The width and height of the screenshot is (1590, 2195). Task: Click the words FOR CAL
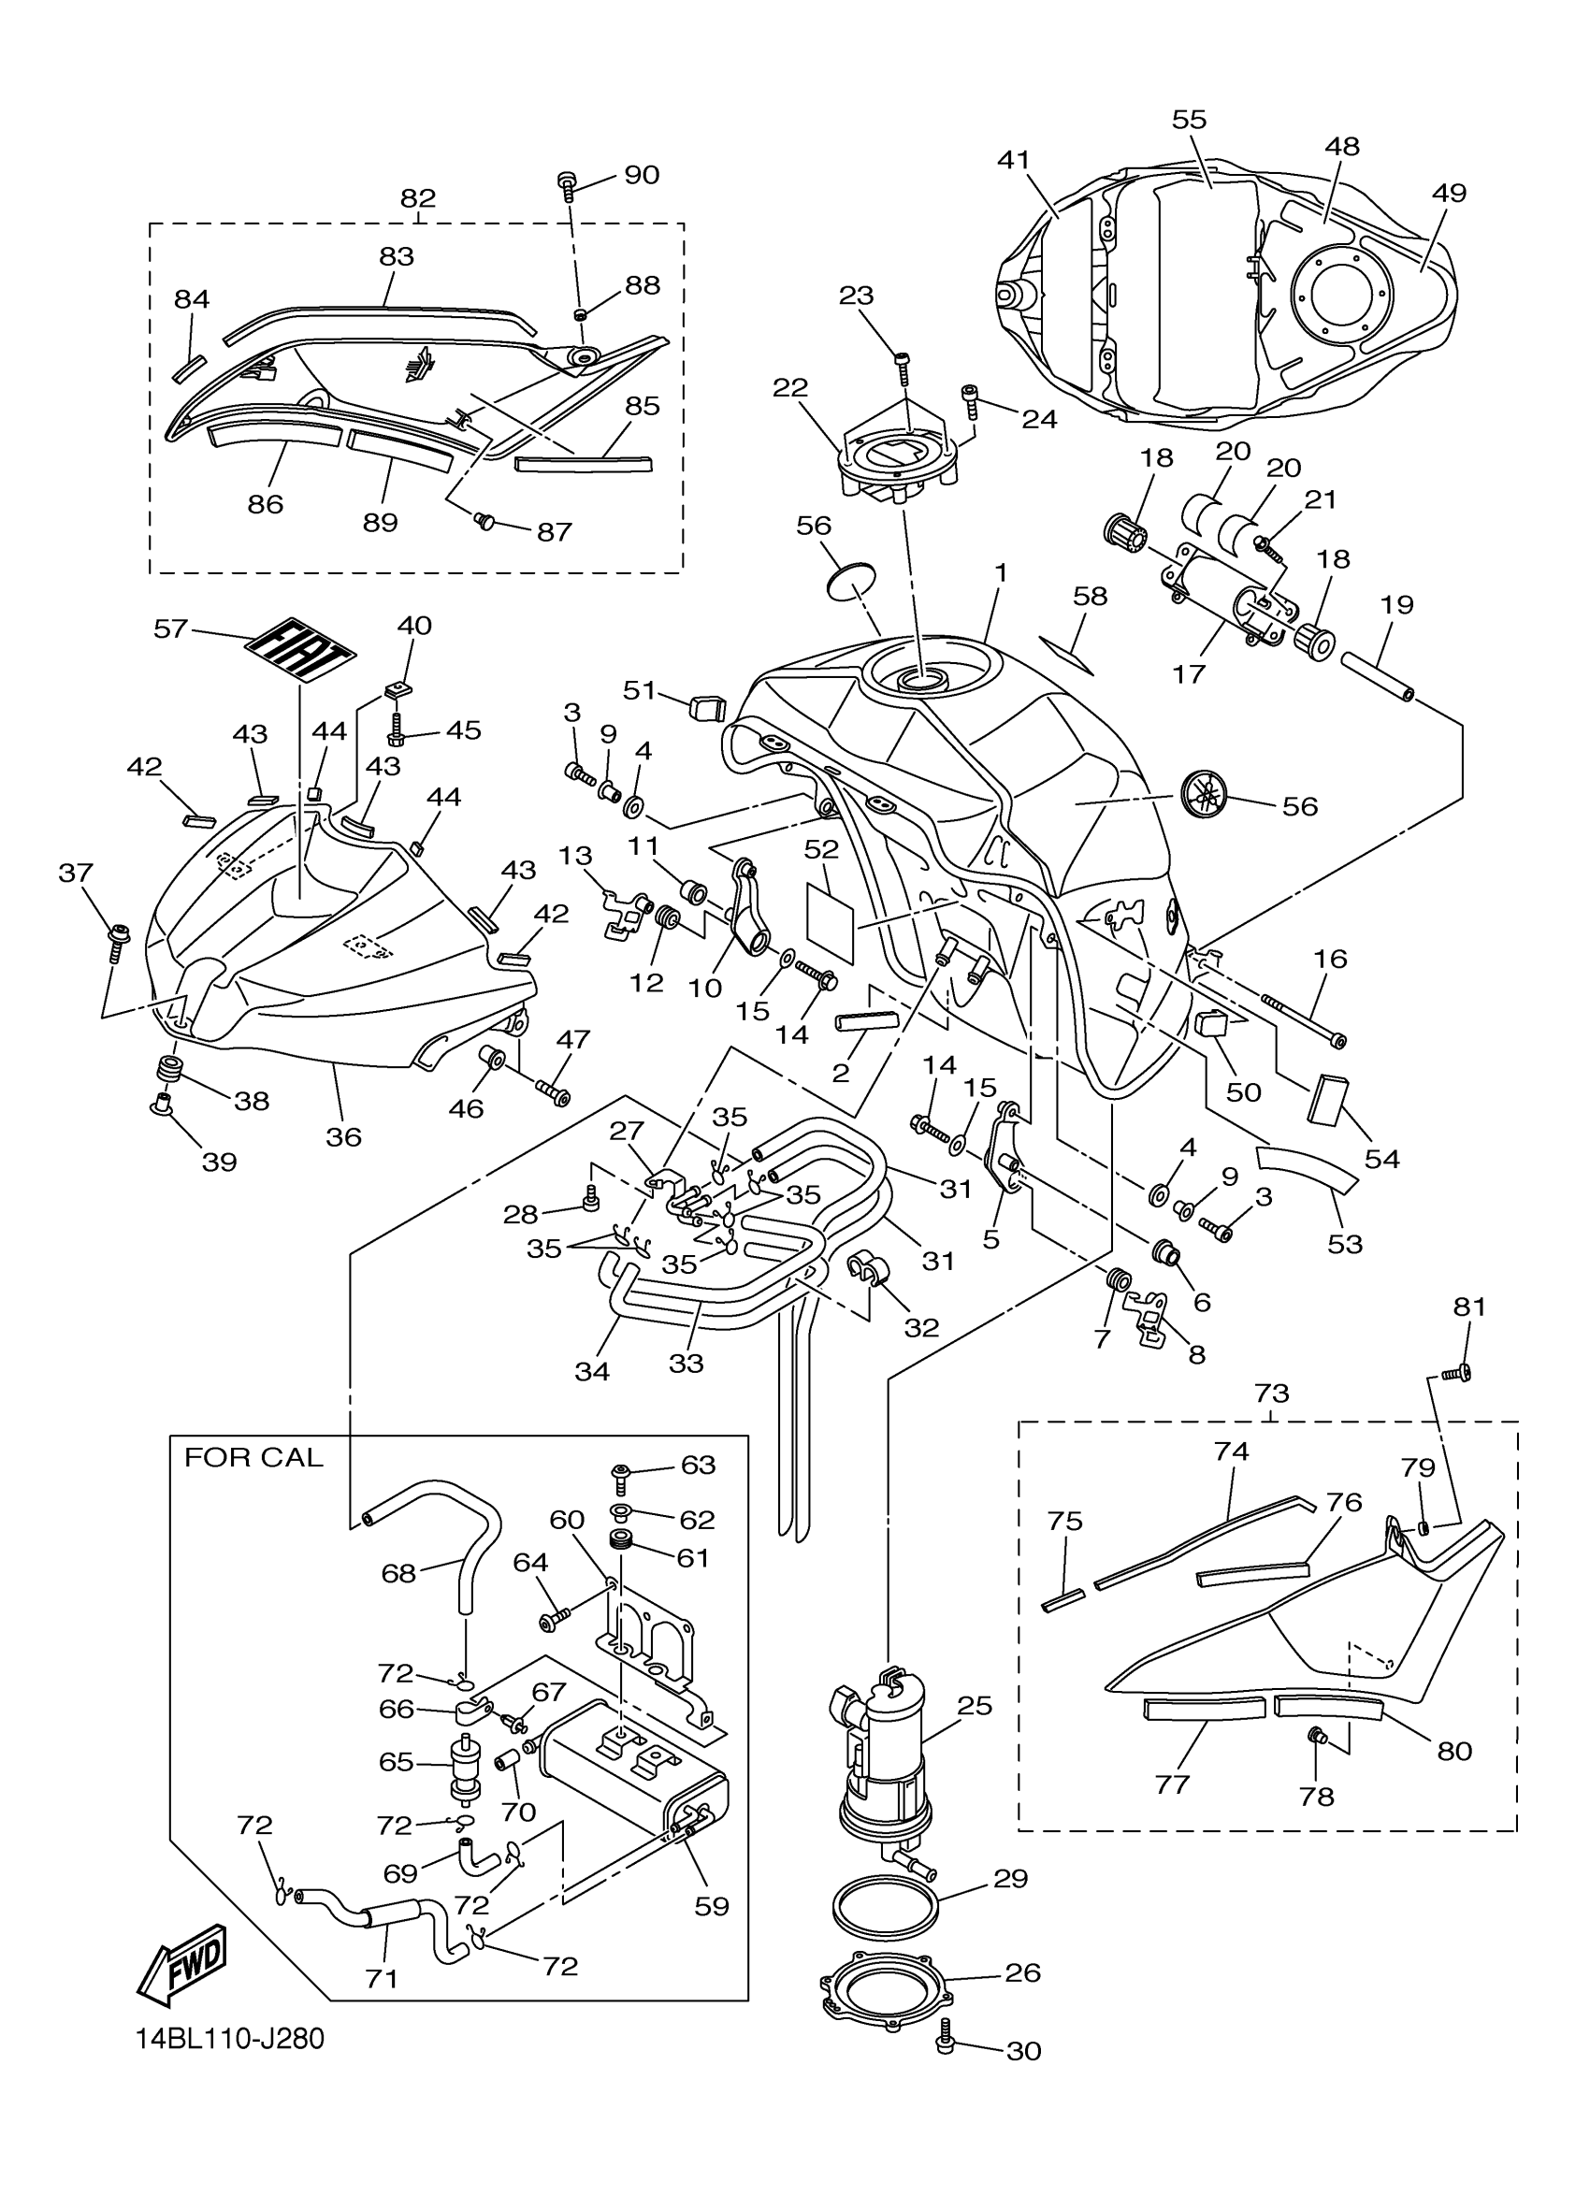pos(253,1458)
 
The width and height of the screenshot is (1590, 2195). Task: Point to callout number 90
pos(641,174)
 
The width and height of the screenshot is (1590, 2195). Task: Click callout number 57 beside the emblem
pos(170,629)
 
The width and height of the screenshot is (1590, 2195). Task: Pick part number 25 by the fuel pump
pos(974,1706)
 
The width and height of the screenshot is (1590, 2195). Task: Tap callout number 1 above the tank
pos(1001,573)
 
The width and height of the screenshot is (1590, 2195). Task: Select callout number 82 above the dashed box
pos(417,198)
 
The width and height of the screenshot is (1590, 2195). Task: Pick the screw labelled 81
pos(1455,1371)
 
